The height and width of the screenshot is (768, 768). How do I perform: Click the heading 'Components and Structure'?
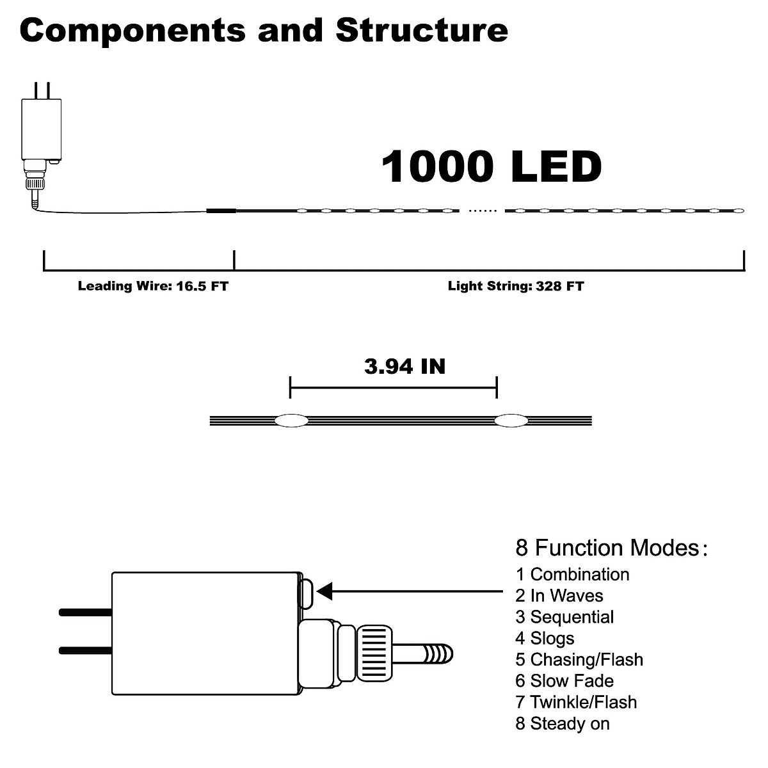[264, 30]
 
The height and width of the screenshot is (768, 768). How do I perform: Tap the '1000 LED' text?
[492, 166]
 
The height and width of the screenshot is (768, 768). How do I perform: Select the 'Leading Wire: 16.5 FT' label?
[153, 286]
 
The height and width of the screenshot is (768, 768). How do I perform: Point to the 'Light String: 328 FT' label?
[516, 286]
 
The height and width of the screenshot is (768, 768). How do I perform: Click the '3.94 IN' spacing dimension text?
[404, 367]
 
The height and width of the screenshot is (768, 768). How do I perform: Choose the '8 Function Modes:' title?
[611, 548]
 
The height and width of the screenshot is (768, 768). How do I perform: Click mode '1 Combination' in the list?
[572, 574]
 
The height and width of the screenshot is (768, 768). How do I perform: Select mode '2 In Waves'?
[559, 596]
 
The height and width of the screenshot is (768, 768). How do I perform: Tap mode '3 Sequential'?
[564, 617]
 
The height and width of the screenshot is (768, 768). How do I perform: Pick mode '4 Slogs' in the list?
[545, 638]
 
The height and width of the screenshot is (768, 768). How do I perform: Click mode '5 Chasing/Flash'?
[579, 659]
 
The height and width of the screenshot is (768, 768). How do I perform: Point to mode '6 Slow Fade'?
[564, 681]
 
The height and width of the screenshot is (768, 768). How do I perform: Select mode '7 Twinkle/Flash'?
[576, 702]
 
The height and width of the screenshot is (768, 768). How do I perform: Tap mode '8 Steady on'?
[563, 724]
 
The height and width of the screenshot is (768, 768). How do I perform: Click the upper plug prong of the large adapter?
[85, 612]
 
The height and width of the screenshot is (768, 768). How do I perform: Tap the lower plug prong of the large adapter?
[85, 651]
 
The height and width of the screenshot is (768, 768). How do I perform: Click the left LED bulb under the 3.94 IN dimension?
[291, 420]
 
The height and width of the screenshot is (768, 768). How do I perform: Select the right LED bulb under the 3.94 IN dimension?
[510, 420]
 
